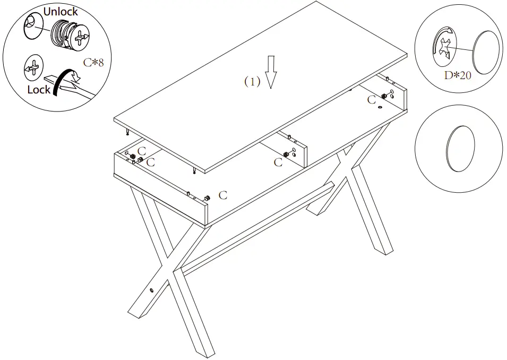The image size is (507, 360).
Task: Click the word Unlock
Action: (61, 11)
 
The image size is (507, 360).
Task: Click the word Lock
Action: (39, 90)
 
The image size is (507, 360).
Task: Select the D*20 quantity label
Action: (457, 75)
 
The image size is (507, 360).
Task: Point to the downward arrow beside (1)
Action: (271, 71)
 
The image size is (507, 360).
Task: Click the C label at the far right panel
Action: (372, 100)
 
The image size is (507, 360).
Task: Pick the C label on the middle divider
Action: (278, 162)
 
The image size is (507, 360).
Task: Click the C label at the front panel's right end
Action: (223, 195)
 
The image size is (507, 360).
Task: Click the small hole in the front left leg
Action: (152, 290)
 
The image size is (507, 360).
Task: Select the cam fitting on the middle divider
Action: (286, 155)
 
